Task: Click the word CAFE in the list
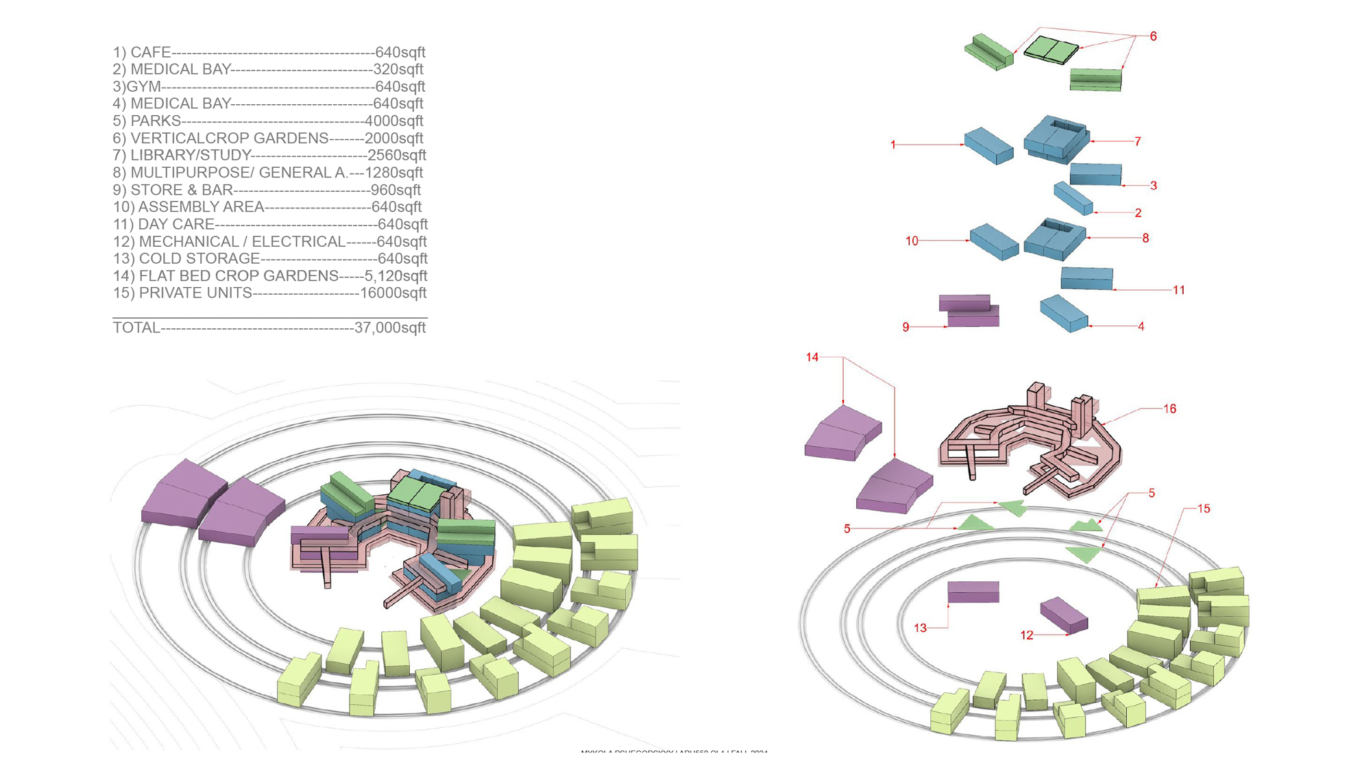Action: [151, 53]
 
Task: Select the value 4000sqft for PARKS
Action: [393, 121]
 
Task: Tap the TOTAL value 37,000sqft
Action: [390, 328]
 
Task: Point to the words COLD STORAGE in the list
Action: [199, 259]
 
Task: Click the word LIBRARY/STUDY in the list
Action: [191, 156]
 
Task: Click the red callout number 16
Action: [1169, 409]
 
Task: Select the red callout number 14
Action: [812, 358]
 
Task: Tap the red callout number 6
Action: [1153, 36]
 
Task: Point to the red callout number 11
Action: [1178, 291]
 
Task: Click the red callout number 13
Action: [920, 628]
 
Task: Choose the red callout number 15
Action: [1204, 509]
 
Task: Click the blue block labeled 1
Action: [988, 145]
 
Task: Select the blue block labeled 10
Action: [993, 242]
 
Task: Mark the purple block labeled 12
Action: [1063, 614]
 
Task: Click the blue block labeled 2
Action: [1073, 198]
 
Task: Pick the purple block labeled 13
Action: [973, 591]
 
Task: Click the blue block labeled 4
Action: [1063, 313]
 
